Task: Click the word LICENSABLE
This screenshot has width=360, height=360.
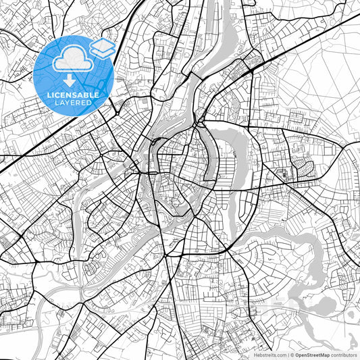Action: pyautogui.click(x=74, y=95)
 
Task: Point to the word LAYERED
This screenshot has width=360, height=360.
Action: pyautogui.click(x=74, y=103)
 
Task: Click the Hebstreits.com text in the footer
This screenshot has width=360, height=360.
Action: pyautogui.click(x=269, y=354)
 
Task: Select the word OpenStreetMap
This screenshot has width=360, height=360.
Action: pyautogui.click(x=312, y=354)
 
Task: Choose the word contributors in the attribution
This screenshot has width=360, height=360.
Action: pyautogui.click(x=344, y=354)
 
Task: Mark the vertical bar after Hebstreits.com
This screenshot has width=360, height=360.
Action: pyautogui.click(x=287, y=354)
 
